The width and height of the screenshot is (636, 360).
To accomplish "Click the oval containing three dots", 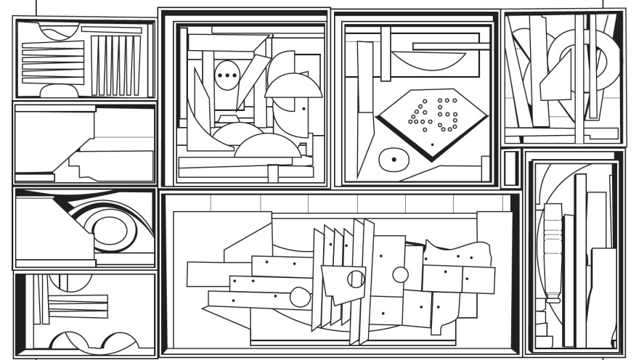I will click(x=227, y=75).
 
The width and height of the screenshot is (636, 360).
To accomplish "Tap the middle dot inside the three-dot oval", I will click(x=227, y=75).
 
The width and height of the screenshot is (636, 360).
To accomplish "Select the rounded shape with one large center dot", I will click(x=393, y=158).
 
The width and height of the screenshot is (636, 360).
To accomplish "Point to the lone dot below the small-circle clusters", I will click(x=433, y=145).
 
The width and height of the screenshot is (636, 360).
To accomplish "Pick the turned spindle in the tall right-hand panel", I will click(x=553, y=254).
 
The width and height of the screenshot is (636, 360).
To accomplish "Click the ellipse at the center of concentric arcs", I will click(x=109, y=229).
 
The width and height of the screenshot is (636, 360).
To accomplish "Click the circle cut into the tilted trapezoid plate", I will click(x=356, y=279).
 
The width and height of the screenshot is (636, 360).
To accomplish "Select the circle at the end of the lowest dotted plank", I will click(x=299, y=296).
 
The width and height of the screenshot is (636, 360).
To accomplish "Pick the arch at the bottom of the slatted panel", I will click(x=60, y=91).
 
